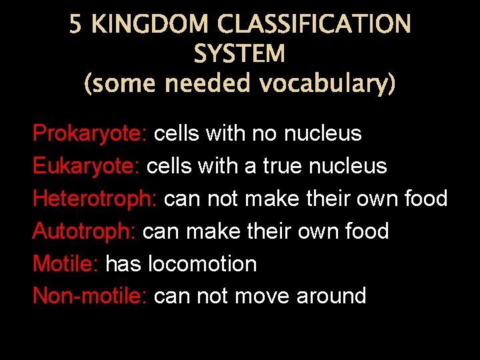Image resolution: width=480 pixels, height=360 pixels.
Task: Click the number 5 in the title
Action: tap(76, 25)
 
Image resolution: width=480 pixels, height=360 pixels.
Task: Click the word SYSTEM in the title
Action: tap(239, 54)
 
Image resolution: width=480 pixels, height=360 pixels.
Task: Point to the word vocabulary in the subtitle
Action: tap(326, 85)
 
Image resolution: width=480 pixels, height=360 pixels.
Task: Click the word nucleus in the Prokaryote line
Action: tap(323, 134)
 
